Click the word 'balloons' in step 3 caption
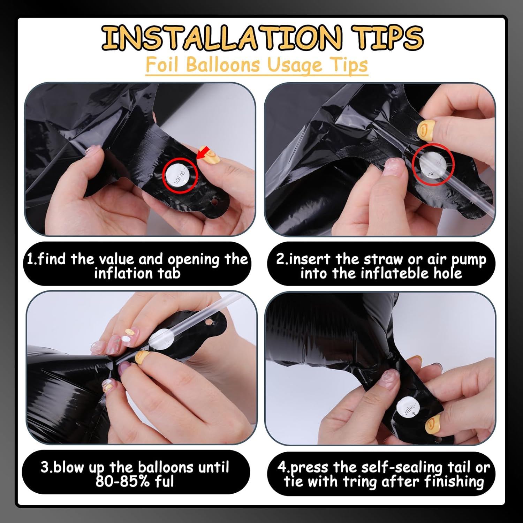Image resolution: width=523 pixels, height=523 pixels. point(166,467)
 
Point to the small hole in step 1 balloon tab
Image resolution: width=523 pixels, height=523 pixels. point(215,202)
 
